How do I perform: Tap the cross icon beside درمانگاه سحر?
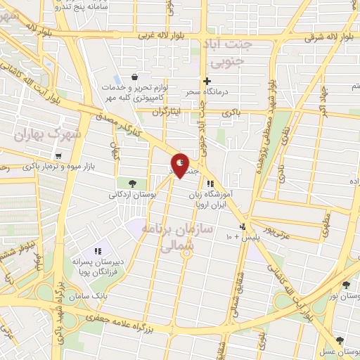point(207,81)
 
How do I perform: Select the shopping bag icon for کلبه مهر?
point(134,77)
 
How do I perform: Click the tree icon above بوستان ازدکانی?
point(133,184)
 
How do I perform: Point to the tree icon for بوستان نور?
point(346,285)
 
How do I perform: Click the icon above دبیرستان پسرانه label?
point(98,250)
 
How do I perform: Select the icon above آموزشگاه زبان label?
point(210,184)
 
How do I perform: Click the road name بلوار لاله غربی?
point(165,35)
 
